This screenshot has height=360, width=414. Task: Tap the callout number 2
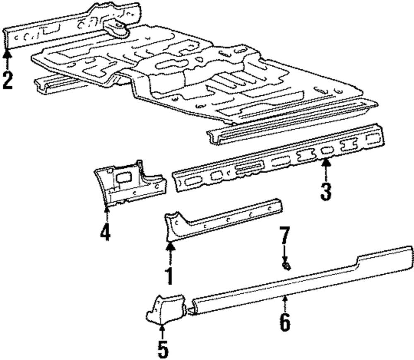pyautogui.click(x=7, y=80)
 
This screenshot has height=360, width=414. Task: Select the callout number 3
pyautogui.click(x=326, y=191)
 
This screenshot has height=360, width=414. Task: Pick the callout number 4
pyautogui.click(x=105, y=232)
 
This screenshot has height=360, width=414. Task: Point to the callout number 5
pyautogui.click(x=163, y=349)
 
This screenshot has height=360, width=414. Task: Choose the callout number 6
pyautogui.click(x=284, y=322)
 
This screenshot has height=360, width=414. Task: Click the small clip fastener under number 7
pyautogui.click(x=285, y=266)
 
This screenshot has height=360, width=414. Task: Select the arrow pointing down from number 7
pyautogui.click(x=284, y=254)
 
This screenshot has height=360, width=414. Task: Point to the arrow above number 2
pyautogui.click(x=7, y=58)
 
